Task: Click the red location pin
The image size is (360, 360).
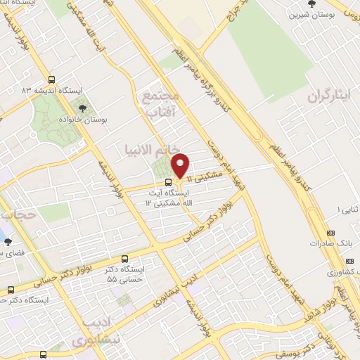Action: pos(181,166)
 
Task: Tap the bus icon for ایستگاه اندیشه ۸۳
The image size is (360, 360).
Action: pos(51,80)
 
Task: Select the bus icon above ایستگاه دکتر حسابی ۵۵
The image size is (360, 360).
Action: pos(124,259)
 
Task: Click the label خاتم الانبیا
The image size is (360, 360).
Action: pos(147,150)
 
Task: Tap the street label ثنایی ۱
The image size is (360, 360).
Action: pos(347,210)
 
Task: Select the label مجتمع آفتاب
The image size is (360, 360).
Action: pos(162,104)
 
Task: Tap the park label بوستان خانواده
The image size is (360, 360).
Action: pos(84,121)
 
